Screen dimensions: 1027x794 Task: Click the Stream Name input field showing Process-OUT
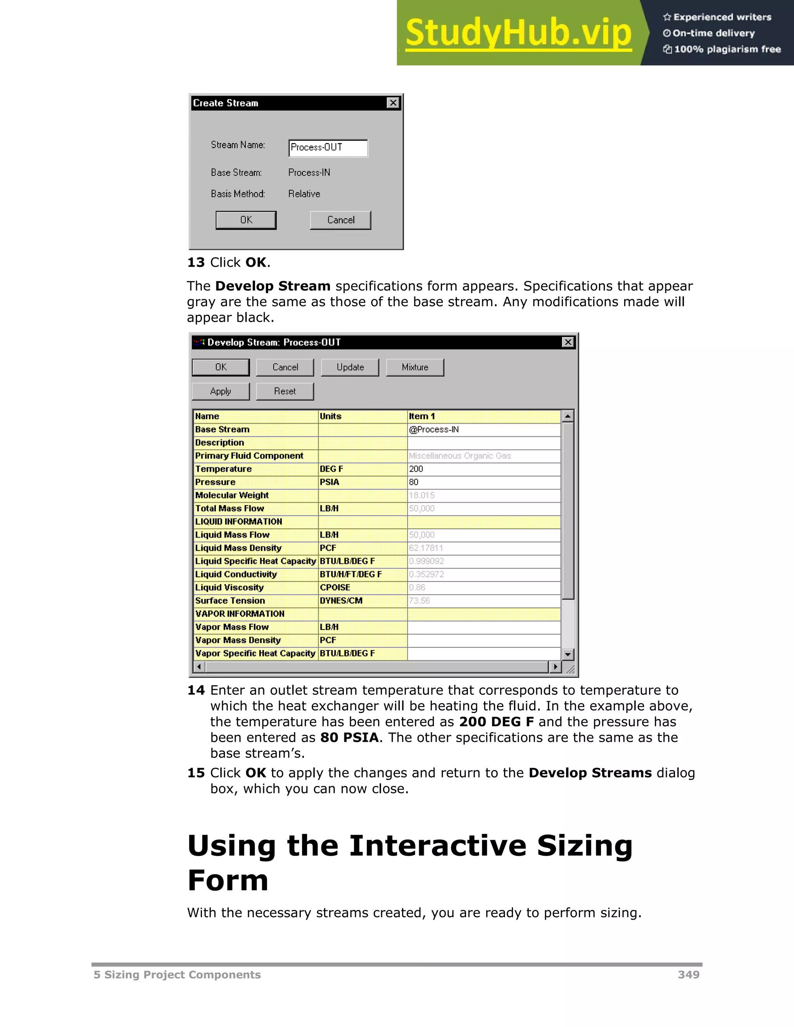point(328,148)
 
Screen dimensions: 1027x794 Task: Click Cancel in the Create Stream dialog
point(340,220)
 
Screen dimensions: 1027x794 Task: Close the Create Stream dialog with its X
point(393,103)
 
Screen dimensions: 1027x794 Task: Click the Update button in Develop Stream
point(350,367)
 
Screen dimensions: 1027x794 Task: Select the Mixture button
point(415,367)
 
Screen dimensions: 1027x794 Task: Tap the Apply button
point(221,391)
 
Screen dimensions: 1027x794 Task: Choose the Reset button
point(285,391)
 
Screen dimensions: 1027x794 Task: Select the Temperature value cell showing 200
point(483,469)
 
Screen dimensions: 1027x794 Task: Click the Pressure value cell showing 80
point(483,482)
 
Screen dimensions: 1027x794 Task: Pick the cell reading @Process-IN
point(483,429)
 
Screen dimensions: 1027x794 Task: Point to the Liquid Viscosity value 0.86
point(483,587)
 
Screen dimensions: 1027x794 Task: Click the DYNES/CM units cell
point(362,600)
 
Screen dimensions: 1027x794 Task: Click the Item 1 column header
point(483,416)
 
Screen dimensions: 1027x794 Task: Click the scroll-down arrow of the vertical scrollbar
point(568,654)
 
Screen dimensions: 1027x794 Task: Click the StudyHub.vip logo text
point(518,33)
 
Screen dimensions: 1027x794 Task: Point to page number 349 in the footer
point(688,975)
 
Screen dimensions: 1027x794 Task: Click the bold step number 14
point(196,690)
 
